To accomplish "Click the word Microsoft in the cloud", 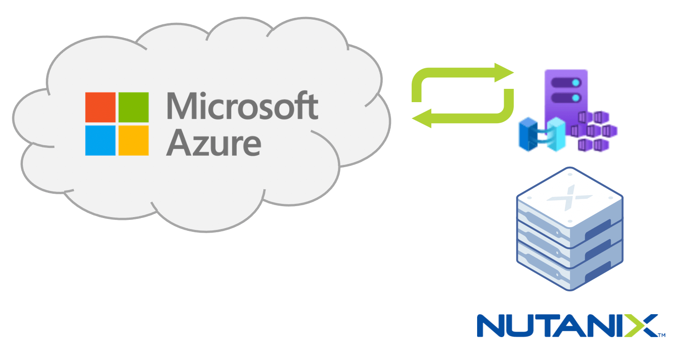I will pyautogui.click(x=242, y=106).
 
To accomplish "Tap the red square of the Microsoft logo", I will pyautogui.click(x=100, y=107).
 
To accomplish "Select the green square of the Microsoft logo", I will pyautogui.click(x=134, y=107).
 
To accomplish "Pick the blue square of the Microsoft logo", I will pyautogui.click(x=100, y=140).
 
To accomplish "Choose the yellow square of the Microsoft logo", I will pyautogui.click(x=134, y=140).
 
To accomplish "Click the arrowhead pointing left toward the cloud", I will pyautogui.click(x=422, y=119).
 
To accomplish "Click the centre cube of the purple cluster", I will pyautogui.click(x=593, y=131).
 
